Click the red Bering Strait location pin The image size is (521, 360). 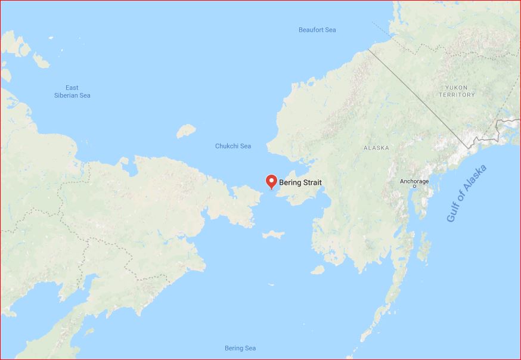(x=271, y=181)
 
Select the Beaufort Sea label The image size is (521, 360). (x=317, y=30)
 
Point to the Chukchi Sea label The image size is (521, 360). (x=233, y=146)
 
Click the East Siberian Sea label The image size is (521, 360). (x=72, y=91)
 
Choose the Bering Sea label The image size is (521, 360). (x=240, y=348)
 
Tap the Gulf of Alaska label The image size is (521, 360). (x=467, y=194)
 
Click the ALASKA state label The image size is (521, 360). (x=376, y=147)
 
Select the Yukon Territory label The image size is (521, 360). (x=457, y=91)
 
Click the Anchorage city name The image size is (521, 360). (x=414, y=181)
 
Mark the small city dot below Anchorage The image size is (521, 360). (x=415, y=187)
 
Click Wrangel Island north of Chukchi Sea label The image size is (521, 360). (x=187, y=130)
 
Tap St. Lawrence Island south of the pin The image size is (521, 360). (x=274, y=234)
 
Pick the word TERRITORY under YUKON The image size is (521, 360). (x=457, y=95)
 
